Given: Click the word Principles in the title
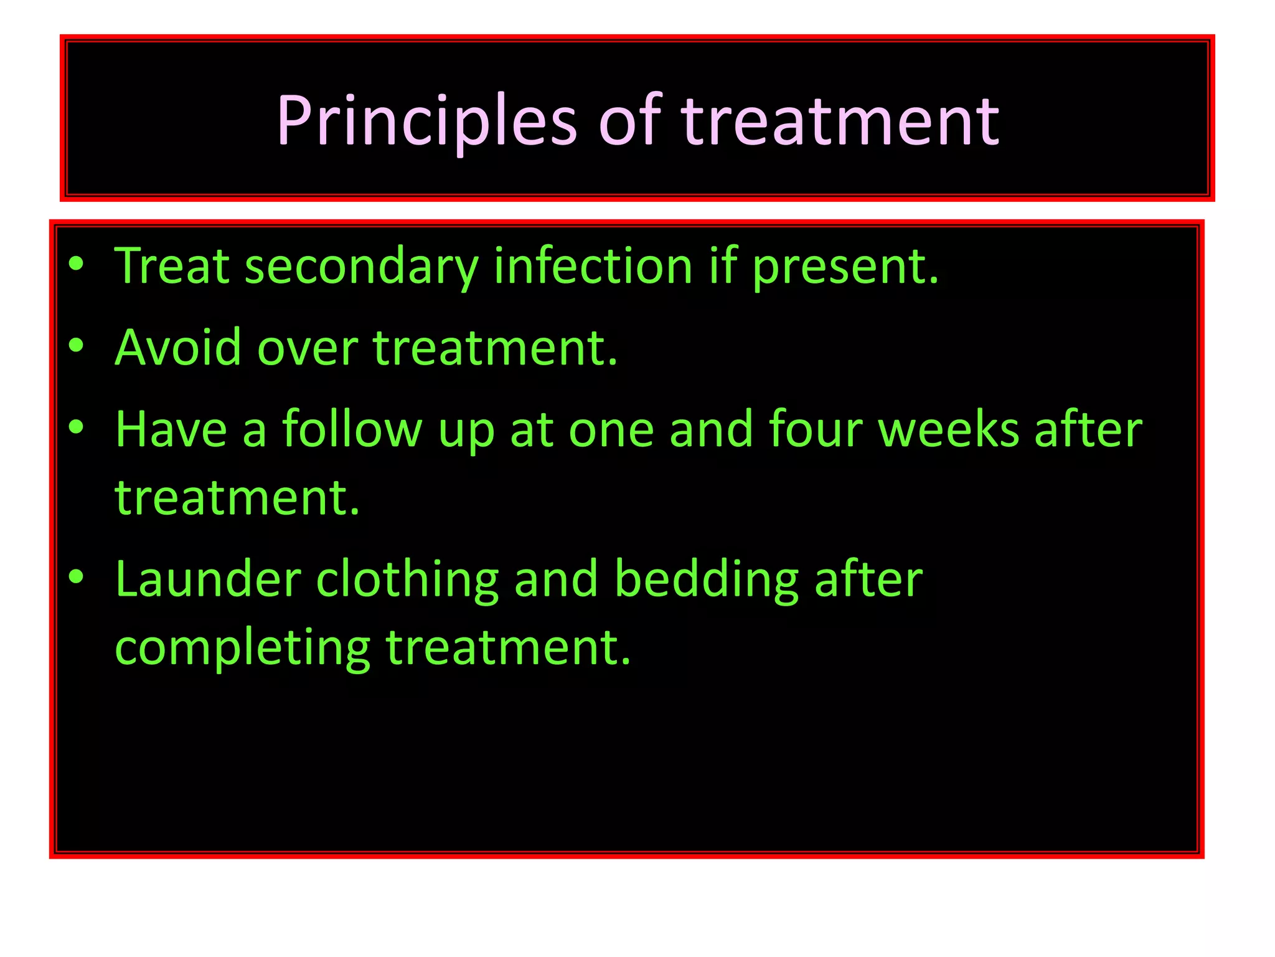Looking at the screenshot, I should (426, 121).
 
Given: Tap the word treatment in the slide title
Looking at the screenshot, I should (840, 121).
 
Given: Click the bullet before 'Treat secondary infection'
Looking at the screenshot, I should (76, 264).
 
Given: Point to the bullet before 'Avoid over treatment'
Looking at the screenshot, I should (76, 345).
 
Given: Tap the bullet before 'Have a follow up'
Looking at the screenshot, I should (76, 427).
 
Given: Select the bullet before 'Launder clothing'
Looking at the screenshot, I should (76, 577).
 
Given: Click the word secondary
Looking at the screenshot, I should (362, 267).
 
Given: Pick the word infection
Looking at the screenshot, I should (593, 266).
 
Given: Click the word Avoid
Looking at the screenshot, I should (177, 348).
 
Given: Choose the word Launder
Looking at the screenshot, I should (208, 579).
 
